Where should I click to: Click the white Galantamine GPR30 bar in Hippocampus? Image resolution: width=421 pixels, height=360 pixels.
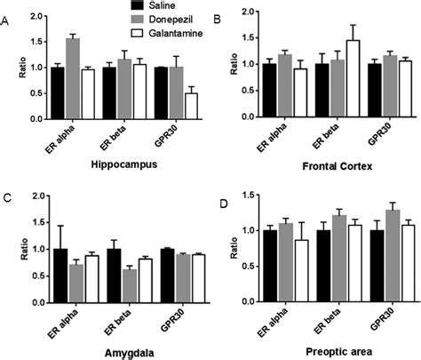[189, 106]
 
